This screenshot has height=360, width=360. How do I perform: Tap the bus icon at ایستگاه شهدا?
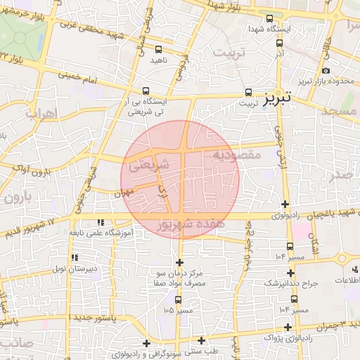pos(271,19)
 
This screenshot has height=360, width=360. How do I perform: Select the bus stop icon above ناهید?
pos(158,49)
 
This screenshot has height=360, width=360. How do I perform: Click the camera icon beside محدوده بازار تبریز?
pos(325,70)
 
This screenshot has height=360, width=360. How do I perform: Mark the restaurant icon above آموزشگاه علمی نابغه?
pos(98,221)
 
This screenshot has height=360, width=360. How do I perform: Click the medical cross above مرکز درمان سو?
pos(180,262)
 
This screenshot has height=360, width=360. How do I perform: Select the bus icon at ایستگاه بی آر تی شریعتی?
pos(146,91)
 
